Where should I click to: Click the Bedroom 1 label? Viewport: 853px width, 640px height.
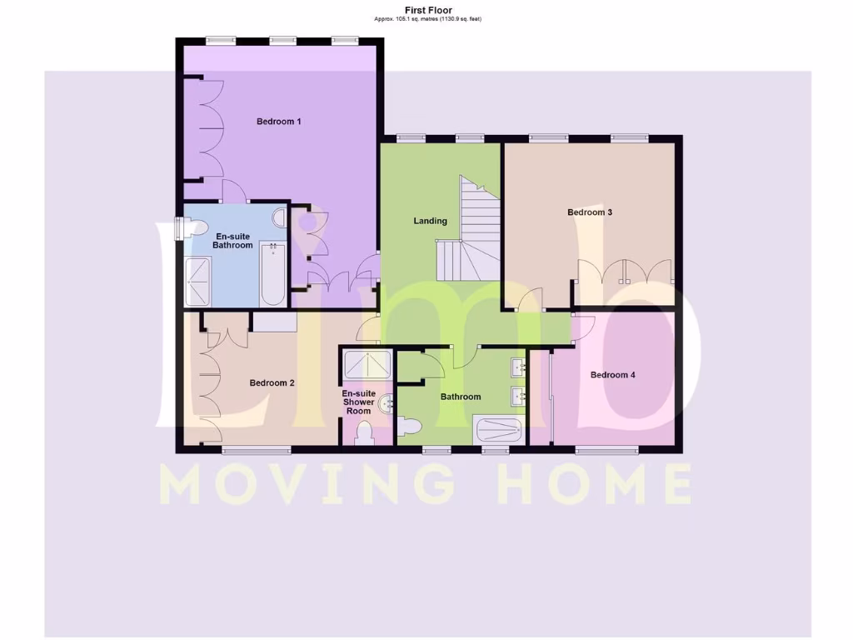click(278, 122)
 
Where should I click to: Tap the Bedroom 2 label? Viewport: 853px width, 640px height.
click(272, 383)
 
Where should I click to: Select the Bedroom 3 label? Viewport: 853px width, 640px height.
click(590, 212)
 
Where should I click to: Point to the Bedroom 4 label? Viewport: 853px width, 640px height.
click(612, 375)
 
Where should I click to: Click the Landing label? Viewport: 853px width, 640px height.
click(431, 221)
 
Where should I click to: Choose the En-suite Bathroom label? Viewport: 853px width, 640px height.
click(232, 241)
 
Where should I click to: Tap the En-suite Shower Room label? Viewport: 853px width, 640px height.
click(359, 402)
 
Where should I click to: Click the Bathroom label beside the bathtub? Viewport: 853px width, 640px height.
click(461, 397)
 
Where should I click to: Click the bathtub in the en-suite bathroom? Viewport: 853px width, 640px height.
click(272, 274)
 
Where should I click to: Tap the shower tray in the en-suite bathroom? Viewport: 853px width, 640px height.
click(198, 282)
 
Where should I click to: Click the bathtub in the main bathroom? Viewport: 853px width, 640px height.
click(498, 431)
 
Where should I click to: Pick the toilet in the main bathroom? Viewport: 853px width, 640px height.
click(409, 426)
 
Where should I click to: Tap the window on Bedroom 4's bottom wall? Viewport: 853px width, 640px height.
click(607, 451)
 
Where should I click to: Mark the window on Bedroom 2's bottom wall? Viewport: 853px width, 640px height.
click(257, 451)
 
